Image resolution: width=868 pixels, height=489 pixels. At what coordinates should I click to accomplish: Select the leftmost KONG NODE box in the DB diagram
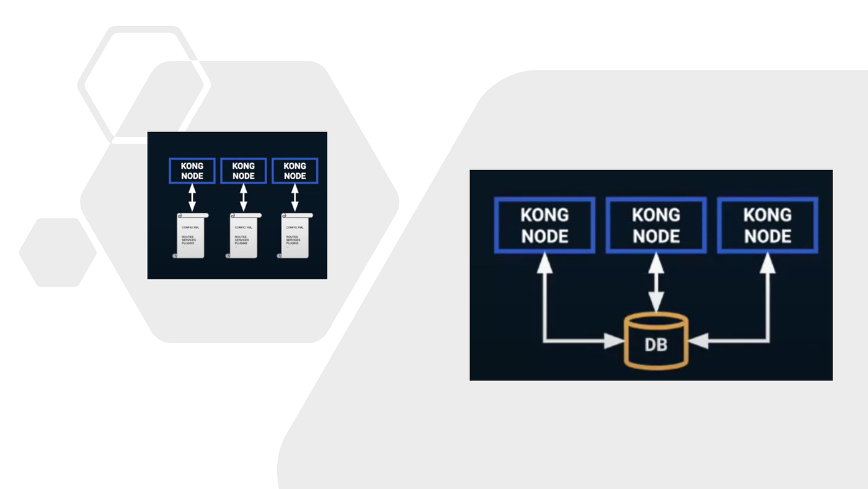pyautogui.click(x=544, y=225)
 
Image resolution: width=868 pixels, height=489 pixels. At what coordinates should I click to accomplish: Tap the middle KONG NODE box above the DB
pyautogui.click(x=656, y=225)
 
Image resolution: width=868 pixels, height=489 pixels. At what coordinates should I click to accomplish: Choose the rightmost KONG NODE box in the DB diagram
pyautogui.click(x=768, y=225)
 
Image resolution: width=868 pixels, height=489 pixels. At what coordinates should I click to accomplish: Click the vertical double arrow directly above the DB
pyautogui.click(x=656, y=283)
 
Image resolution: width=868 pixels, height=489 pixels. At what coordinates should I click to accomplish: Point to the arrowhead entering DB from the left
pyautogui.click(x=615, y=341)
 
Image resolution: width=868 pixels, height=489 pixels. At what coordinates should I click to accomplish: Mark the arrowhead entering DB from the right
pyautogui.click(x=697, y=341)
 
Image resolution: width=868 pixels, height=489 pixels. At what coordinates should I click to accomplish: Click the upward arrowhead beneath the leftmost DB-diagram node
pyautogui.click(x=544, y=263)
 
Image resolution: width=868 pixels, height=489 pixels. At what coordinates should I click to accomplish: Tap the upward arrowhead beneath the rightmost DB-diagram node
pyautogui.click(x=768, y=263)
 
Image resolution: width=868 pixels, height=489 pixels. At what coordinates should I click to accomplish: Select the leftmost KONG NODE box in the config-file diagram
pyautogui.click(x=192, y=171)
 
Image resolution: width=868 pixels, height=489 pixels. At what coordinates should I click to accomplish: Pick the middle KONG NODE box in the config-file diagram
pyautogui.click(x=243, y=171)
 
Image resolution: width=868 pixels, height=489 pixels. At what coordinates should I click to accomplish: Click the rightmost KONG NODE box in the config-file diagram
pyautogui.click(x=294, y=171)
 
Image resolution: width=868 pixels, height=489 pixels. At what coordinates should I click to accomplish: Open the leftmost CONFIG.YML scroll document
pyautogui.click(x=190, y=236)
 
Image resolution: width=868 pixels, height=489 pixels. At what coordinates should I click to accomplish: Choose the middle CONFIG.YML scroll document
pyautogui.click(x=243, y=236)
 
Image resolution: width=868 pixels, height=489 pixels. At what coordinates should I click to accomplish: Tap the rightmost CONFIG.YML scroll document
pyautogui.click(x=295, y=236)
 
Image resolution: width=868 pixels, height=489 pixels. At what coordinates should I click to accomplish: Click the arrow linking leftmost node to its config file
pyautogui.click(x=192, y=198)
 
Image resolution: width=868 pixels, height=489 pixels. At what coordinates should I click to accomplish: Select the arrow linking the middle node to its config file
pyautogui.click(x=243, y=198)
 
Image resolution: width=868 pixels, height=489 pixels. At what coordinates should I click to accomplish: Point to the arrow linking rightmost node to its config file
pyautogui.click(x=294, y=198)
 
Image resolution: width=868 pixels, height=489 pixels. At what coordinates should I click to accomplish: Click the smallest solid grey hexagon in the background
pyautogui.click(x=58, y=252)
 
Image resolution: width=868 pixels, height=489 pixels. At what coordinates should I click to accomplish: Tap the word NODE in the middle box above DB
pyautogui.click(x=656, y=236)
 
